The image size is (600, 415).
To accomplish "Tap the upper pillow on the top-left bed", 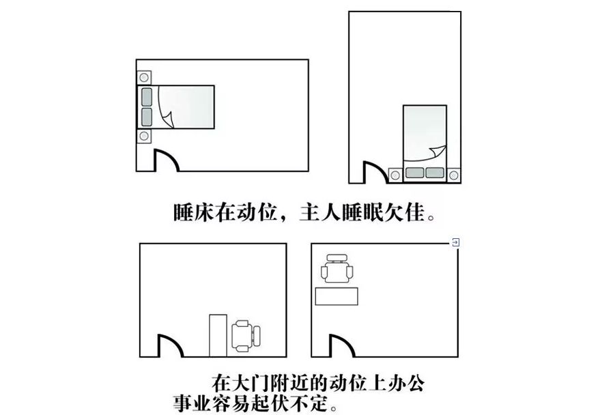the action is click(146, 96).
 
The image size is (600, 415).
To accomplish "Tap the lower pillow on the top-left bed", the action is click(146, 116).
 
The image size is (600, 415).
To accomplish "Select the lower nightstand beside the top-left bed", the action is click(144, 136).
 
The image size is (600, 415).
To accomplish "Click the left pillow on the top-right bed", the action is click(414, 173).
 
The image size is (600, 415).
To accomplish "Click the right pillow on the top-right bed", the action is click(435, 173).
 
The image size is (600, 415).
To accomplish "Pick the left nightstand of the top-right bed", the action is click(395, 175).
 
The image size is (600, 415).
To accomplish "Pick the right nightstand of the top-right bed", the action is click(453, 175).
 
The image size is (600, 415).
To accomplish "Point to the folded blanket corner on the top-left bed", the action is click(167, 120).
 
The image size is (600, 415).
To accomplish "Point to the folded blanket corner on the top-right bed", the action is click(437, 152).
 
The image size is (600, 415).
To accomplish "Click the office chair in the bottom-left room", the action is click(245, 335).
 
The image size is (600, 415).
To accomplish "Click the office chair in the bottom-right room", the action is click(337, 269).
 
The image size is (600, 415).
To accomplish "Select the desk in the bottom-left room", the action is click(218, 335).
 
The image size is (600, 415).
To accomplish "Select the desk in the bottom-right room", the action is click(337, 296).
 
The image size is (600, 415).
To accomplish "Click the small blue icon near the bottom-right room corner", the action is click(456, 242).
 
